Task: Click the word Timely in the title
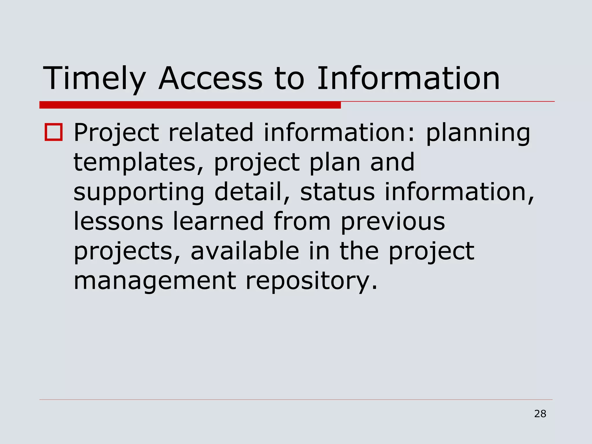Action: [94, 79]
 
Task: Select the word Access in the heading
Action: [211, 79]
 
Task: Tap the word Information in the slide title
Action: [408, 79]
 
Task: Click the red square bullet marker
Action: [53, 132]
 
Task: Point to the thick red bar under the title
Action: [190, 105]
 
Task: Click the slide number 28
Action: [540, 414]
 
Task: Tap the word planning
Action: [478, 133]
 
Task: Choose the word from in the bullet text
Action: [302, 221]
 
